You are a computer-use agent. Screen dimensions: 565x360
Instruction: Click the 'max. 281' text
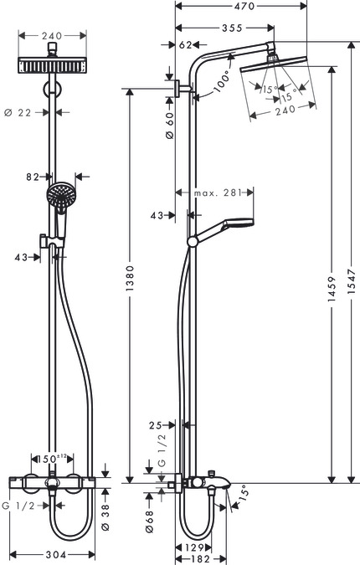217,193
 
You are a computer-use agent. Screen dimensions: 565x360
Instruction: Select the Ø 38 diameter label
105,518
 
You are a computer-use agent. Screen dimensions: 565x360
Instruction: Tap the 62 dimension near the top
186,45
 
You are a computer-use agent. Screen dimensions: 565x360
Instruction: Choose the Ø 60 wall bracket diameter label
169,126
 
